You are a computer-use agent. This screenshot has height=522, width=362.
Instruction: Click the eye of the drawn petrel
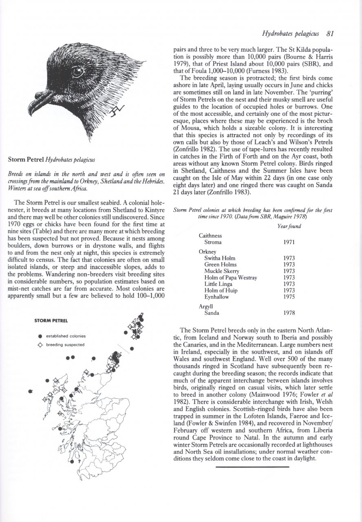point(77,73)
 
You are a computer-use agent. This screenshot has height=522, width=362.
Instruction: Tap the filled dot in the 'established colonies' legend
point(40,336)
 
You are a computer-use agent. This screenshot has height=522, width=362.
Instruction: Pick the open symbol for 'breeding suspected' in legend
point(40,345)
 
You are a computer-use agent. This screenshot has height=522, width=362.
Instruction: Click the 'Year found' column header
point(289,227)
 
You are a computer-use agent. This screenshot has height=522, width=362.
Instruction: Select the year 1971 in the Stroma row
point(289,242)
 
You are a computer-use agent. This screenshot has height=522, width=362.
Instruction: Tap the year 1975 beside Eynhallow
point(289,297)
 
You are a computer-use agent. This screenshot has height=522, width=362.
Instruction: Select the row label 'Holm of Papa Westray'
point(231,278)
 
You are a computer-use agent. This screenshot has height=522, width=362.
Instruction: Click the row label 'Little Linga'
point(219,284)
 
